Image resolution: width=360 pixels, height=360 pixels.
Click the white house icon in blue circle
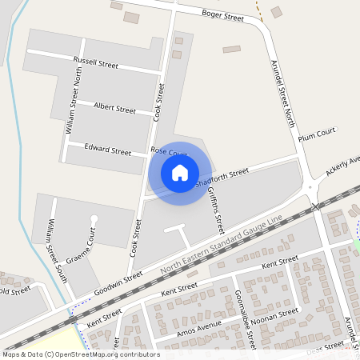tap(180, 172)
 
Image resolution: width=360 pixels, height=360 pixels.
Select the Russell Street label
tap(95, 62)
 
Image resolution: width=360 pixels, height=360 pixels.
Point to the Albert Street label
tap(114, 108)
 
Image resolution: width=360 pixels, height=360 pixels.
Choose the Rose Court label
tap(169, 152)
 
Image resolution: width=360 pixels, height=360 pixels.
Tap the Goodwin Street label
tap(118, 284)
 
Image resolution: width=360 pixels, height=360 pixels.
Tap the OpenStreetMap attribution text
tap(81, 354)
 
